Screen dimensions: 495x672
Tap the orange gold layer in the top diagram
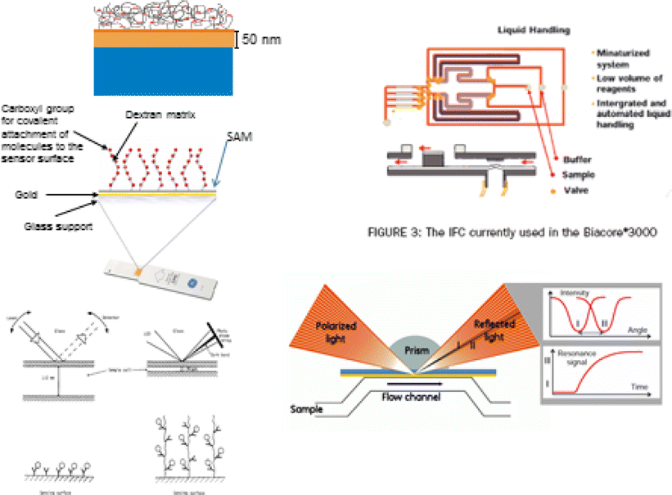[x=155, y=38]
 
